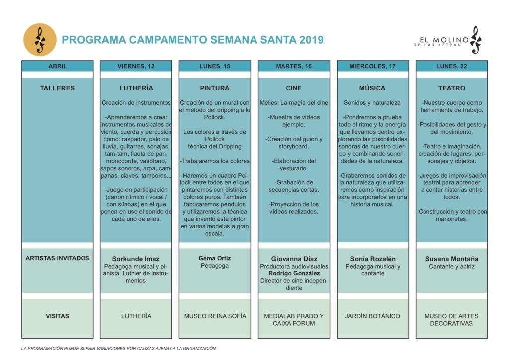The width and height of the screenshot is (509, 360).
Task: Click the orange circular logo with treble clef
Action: coord(40,40)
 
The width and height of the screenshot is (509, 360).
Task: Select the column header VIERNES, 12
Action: coord(136,66)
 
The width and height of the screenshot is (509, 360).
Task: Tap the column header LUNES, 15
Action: coord(215,66)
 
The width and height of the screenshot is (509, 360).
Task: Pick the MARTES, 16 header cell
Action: coord(294,66)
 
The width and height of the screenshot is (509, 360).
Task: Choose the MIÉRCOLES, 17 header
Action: coord(372,66)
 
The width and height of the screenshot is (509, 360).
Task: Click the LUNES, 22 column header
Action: coord(451,66)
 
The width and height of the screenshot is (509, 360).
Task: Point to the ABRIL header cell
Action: coord(57,66)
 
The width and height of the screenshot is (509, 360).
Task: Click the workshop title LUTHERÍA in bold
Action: coord(136,88)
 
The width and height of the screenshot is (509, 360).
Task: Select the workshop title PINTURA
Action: coord(215,88)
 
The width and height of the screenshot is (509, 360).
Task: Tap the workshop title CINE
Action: coord(294,88)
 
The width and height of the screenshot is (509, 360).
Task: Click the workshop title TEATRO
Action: coord(451,88)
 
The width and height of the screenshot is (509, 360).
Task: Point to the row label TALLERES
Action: coord(57,88)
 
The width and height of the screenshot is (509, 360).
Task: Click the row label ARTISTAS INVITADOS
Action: coord(57,258)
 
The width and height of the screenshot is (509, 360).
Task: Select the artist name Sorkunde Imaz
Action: coord(136,259)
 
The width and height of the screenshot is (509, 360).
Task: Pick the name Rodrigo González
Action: coord(294,273)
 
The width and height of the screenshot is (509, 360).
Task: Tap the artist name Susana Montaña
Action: coord(451,259)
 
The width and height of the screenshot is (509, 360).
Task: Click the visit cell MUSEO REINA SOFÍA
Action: coord(215,316)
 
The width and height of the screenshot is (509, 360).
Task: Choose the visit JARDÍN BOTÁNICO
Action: coord(372,316)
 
